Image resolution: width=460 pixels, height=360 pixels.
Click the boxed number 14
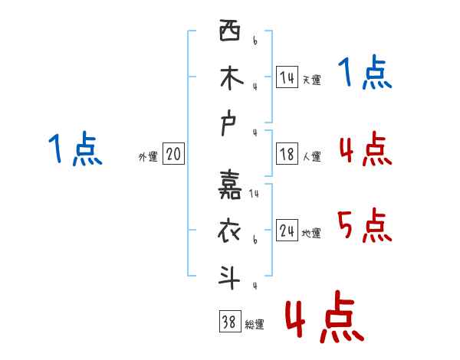[x=287, y=77]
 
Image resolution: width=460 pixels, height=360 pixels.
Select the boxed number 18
[x=287, y=154]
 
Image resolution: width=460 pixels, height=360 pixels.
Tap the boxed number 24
[x=287, y=231]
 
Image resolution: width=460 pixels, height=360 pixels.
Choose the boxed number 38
[x=228, y=322]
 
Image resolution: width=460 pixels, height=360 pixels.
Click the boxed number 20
[x=173, y=155]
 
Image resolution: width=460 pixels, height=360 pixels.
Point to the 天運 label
[x=311, y=80]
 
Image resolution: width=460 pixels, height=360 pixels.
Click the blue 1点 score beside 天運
[x=364, y=74]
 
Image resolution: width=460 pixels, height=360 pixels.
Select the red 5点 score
[x=364, y=226]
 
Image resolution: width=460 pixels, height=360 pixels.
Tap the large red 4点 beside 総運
[x=324, y=316]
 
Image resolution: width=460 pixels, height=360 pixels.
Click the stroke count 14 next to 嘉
[x=254, y=195]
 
